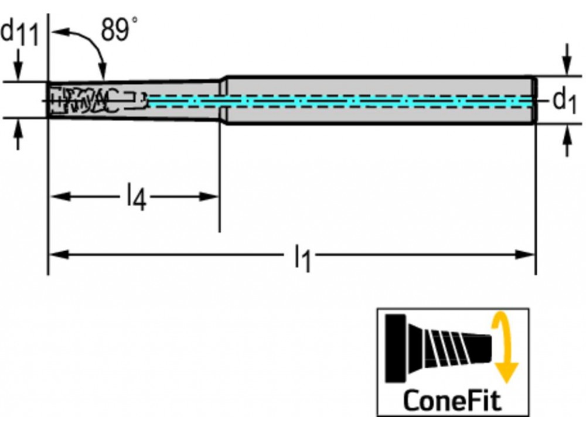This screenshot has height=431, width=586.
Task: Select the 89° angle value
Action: coord(120,30)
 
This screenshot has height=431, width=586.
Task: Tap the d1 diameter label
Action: coord(564,102)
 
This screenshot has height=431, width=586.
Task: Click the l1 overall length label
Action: coord(302,257)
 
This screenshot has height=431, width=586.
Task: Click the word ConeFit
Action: coord(452,401)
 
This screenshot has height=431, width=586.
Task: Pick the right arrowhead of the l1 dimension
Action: coord(526,254)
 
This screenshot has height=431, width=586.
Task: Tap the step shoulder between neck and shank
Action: coord(223,100)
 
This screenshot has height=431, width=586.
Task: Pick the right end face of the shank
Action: coord(534,100)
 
